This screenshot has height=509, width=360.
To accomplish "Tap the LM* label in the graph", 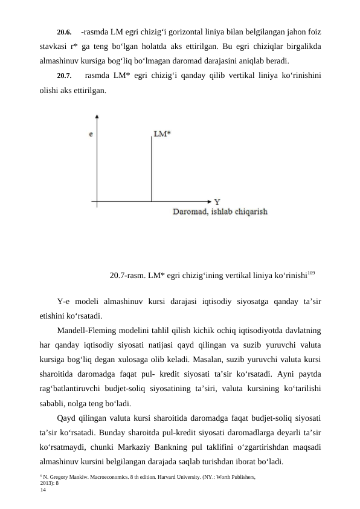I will point(162,134).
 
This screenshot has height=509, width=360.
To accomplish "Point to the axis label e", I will point(91,134).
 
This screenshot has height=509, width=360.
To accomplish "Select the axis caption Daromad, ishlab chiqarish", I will point(220,212).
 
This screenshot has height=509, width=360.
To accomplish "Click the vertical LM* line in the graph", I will point(151,169).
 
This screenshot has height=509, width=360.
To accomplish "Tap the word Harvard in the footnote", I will point(185,478).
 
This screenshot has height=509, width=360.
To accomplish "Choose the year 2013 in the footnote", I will point(47,484).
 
